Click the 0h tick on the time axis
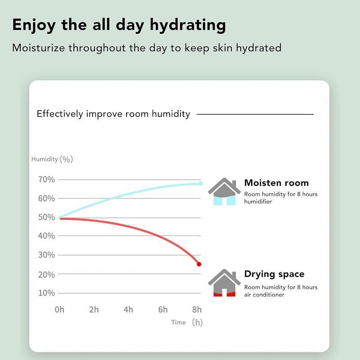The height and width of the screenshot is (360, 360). (59, 310)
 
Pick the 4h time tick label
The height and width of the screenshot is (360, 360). (128, 310)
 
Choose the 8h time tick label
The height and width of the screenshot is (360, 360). (197, 310)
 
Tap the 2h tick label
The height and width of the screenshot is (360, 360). (94, 310)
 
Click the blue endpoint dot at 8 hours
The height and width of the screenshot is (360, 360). (201, 184)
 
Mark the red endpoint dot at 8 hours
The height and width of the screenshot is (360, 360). (199, 264)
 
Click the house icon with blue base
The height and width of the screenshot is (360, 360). (224, 192)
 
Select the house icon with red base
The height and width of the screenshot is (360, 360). (224, 283)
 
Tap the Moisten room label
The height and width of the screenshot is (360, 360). (276, 183)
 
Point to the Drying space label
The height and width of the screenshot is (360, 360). (274, 274)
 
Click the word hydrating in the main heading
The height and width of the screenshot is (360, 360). (191, 26)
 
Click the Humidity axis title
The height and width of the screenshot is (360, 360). (45, 159)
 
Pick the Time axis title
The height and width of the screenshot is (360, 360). (178, 322)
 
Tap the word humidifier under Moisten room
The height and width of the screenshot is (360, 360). (258, 202)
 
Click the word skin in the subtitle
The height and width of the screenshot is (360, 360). (211, 48)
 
